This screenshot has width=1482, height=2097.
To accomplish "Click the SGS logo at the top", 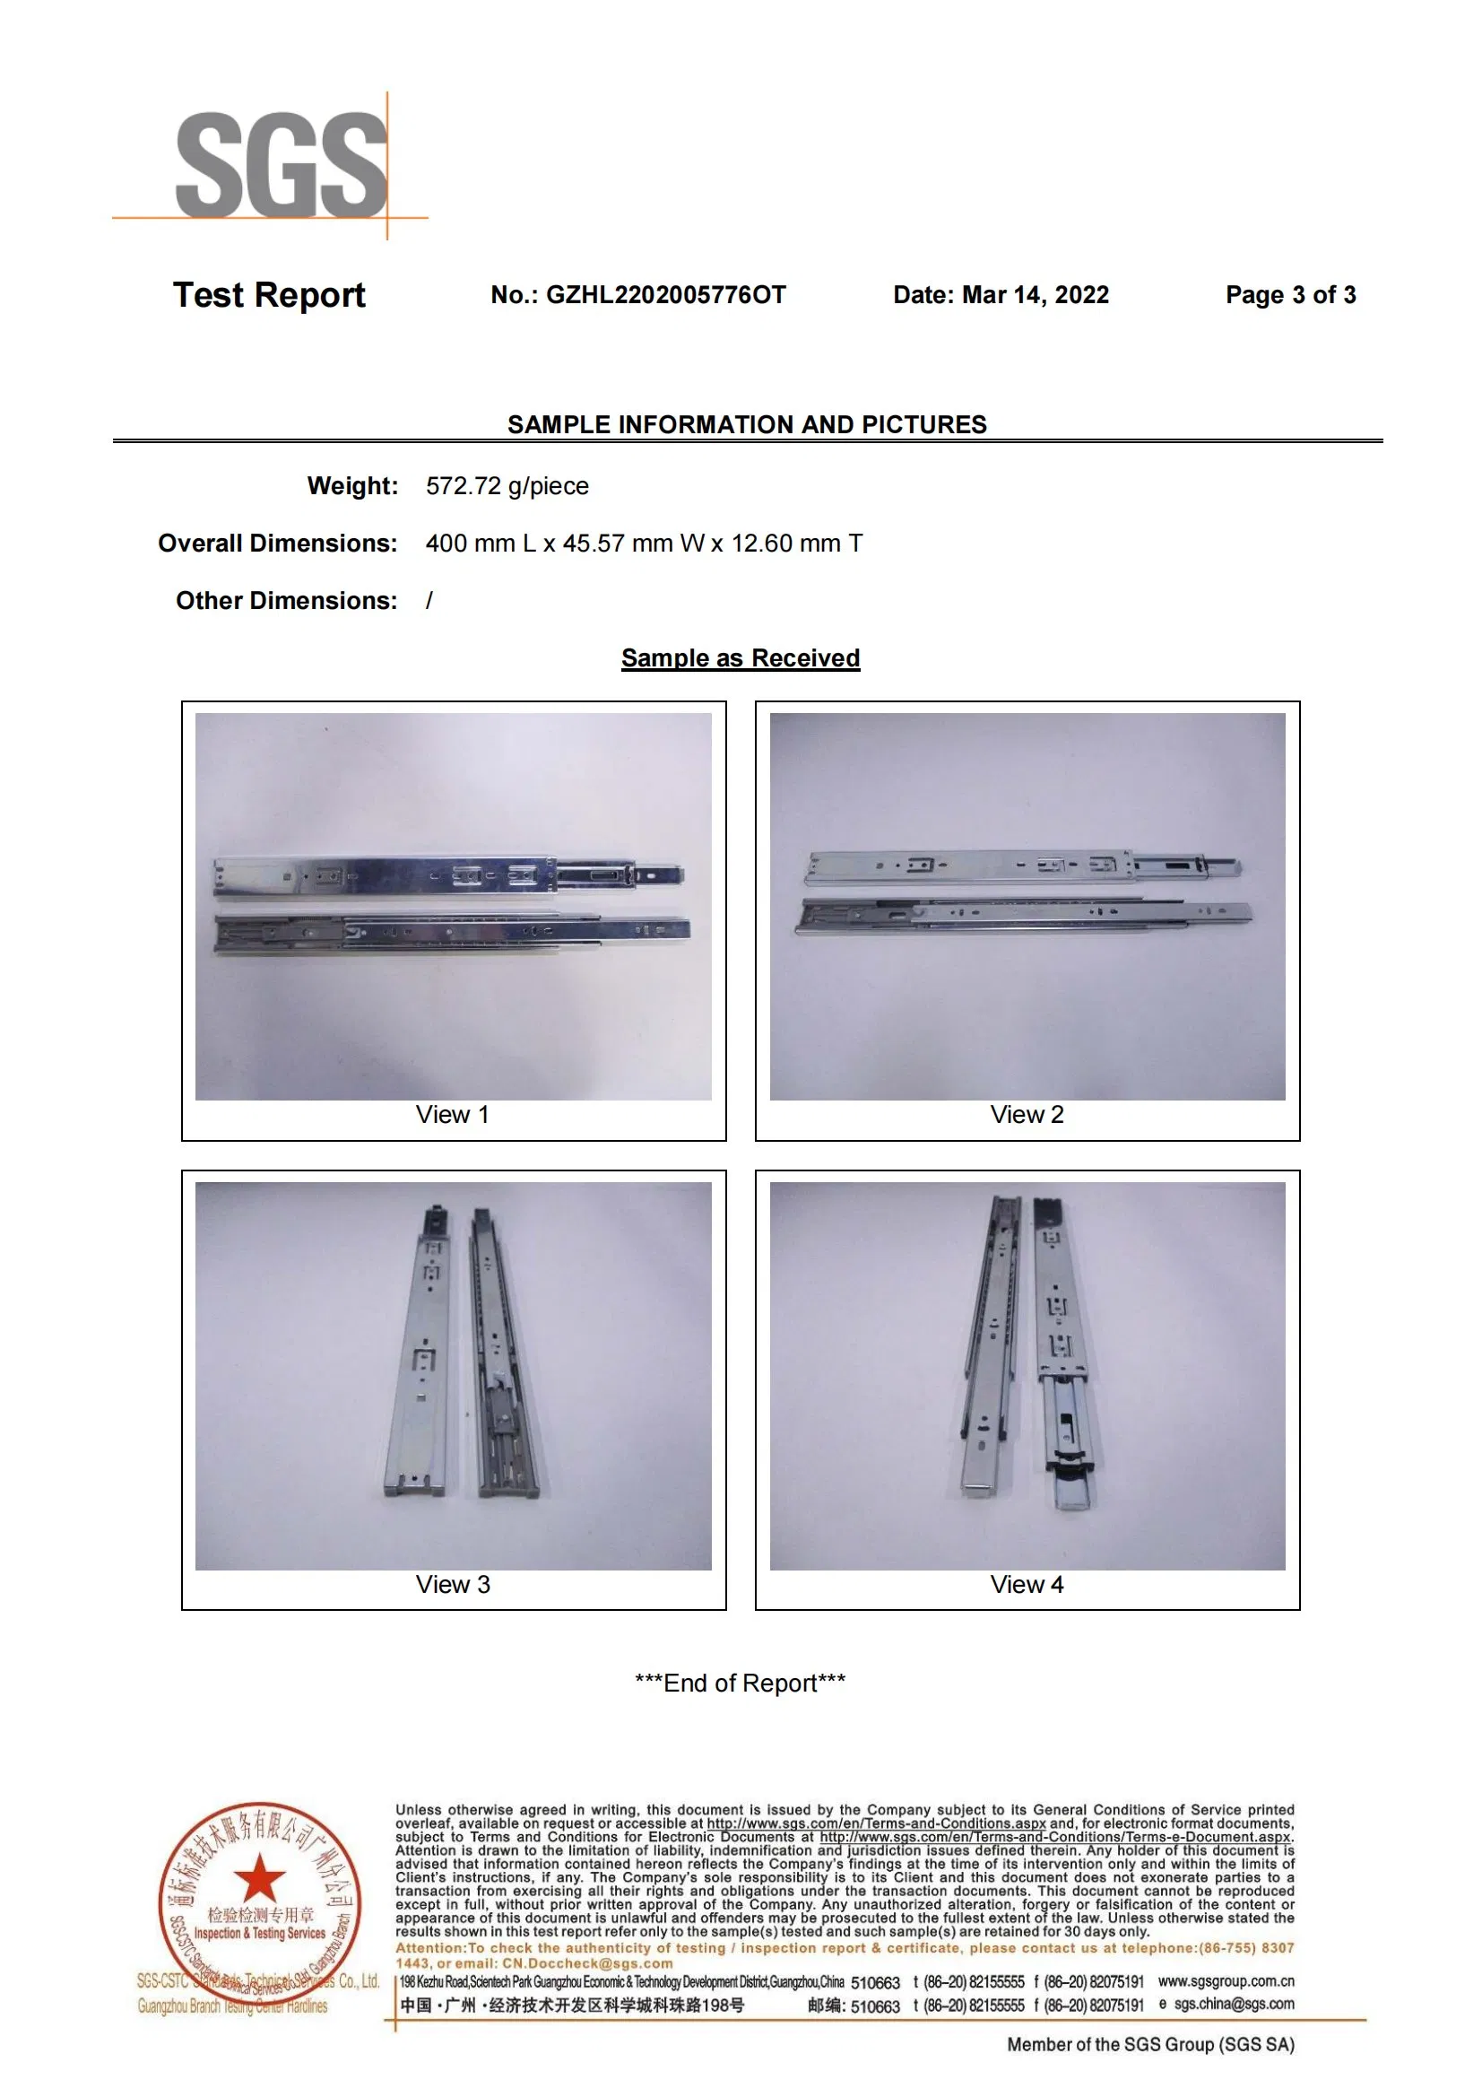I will point(282,165).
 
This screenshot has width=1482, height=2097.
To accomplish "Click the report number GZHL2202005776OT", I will point(664,295).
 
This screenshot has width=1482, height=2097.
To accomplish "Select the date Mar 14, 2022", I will point(1036,295).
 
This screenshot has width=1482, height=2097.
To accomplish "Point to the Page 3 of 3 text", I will point(1289,295).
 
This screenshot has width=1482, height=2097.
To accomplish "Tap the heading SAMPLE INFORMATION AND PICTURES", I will point(746,425).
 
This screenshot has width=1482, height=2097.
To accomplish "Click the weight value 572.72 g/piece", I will point(507,486).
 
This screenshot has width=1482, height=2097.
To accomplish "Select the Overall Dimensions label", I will point(278,544).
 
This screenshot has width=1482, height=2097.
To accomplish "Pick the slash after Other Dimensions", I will point(429,601).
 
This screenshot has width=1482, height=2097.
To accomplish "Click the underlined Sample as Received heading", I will point(740,658).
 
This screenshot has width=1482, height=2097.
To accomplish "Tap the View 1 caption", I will point(452,1114).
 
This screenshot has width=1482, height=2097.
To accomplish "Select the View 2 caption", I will point(1027,1114).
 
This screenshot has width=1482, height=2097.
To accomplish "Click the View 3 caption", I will point(452,1584).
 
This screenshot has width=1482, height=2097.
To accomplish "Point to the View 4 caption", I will point(1027,1584).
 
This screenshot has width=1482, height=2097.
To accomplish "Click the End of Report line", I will point(740,1684).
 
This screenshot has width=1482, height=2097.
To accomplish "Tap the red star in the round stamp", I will point(260,1878).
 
